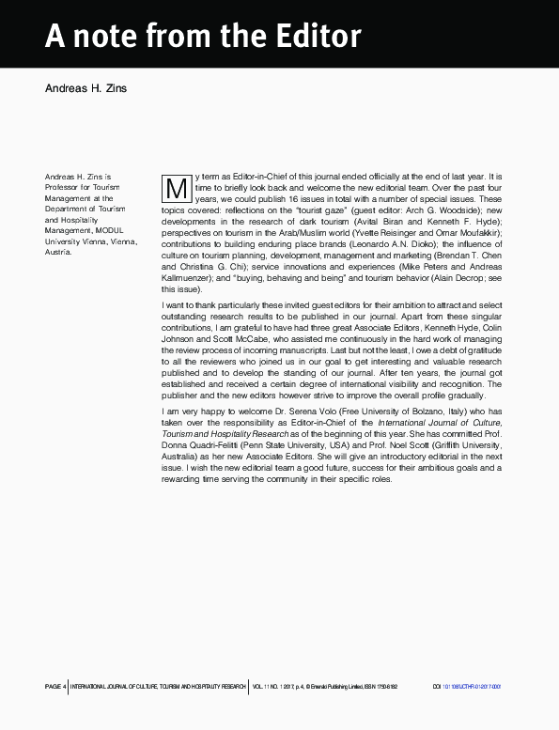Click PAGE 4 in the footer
coord(55,687)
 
